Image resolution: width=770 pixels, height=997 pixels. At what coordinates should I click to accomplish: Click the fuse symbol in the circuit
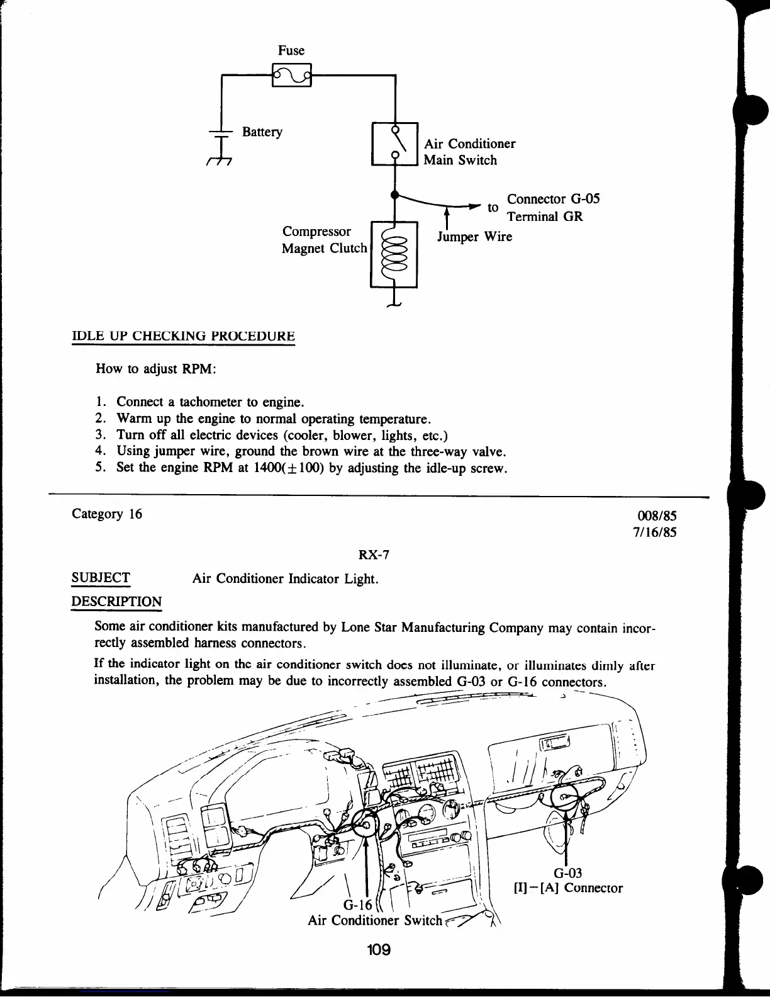(291, 76)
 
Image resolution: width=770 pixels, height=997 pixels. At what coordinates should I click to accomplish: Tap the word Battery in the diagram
(262, 132)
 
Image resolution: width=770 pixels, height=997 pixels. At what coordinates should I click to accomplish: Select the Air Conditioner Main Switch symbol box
(395, 144)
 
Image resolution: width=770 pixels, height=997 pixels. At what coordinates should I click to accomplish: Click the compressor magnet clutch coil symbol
(395, 254)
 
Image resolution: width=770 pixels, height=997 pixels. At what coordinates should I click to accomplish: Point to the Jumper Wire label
(475, 237)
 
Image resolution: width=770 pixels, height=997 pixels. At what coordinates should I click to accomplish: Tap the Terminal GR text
(545, 217)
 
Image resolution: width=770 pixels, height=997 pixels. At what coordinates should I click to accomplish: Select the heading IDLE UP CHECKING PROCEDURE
(184, 336)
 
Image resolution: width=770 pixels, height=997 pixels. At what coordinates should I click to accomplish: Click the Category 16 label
(107, 514)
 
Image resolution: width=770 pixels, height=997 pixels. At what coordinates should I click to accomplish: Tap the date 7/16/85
(654, 532)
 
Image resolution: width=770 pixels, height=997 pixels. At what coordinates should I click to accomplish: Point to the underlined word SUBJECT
(101, 578)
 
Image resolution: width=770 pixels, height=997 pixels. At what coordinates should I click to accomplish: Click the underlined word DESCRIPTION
(116, 602)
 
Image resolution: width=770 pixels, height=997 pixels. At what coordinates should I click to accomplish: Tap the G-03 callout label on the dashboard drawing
(567, 873)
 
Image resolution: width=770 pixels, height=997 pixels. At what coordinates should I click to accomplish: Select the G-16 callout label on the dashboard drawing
(358, 905)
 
